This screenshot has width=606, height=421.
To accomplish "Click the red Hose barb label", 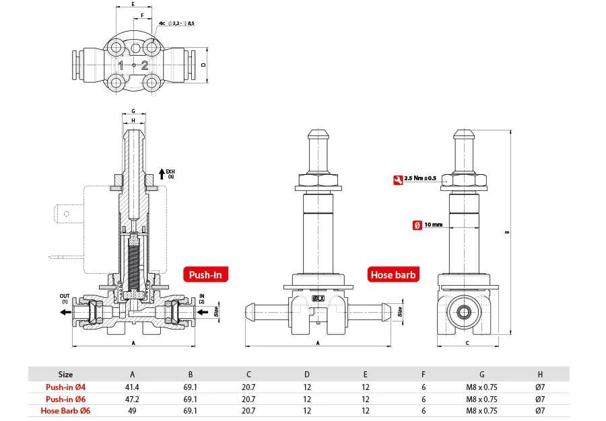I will coord(394,274).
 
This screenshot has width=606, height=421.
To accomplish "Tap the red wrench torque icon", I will coord(398,179).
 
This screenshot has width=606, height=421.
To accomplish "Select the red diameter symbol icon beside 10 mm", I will coord(417,225).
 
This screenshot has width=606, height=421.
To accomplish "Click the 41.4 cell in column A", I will coord(133,387).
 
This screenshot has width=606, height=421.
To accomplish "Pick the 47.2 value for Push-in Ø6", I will coord(133,398).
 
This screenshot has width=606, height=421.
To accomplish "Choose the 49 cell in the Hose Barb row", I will coord(133,410).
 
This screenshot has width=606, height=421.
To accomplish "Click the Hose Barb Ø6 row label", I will coord(65,410).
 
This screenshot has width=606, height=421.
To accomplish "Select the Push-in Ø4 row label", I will coord(65,387).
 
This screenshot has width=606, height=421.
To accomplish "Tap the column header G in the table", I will coord(481,374).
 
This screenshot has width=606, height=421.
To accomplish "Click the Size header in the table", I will coord(65,374).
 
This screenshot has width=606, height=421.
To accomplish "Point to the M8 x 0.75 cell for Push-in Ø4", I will coord(481,387).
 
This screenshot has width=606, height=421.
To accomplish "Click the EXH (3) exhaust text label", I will coord(170,174).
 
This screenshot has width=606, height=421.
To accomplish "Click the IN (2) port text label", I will coord(201,298).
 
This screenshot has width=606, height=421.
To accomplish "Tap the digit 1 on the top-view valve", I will coord(121,65).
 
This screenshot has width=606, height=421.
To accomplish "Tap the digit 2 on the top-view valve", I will coord(144,65).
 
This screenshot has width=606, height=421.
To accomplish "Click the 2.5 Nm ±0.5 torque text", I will coord(421,179).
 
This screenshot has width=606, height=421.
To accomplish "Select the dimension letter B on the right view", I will coord(507,233).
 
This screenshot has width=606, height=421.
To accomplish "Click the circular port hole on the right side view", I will coord(463,312).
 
